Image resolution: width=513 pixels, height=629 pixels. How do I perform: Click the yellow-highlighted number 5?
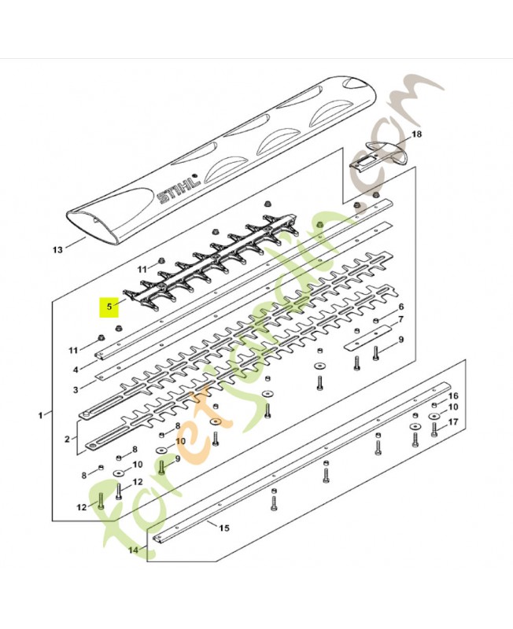coord(109,307)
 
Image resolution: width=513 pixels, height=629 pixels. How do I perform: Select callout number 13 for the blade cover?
coord(57,250)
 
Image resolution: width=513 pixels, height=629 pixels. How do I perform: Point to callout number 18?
coord(417,134)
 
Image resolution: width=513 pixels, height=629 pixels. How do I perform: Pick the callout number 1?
coord(40,416)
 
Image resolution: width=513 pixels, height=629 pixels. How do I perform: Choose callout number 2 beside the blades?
coord(67,440)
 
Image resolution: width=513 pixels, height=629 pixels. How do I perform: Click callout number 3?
coord(76,389)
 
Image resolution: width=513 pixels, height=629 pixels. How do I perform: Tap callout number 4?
coord(76,370)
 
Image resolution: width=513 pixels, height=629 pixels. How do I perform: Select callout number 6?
coord(400,307)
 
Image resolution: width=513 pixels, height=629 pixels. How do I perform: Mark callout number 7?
coord(400,320)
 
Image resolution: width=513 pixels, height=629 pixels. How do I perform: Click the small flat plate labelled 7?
coord(369,338)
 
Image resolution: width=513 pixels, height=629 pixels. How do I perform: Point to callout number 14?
coord(133,550)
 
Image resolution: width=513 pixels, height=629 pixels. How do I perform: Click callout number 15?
coord(224,528)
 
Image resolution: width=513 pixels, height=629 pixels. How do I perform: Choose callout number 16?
coord(452,396)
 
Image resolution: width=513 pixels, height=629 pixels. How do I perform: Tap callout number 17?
coord(452,422)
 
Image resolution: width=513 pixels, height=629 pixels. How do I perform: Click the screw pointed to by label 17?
coord(434,429)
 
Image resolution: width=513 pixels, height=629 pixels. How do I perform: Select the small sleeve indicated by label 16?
coord(435,404)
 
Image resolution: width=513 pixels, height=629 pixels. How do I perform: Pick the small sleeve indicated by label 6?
coord(376,321)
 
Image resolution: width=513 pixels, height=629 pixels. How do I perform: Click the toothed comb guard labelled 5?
coord(211,262)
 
